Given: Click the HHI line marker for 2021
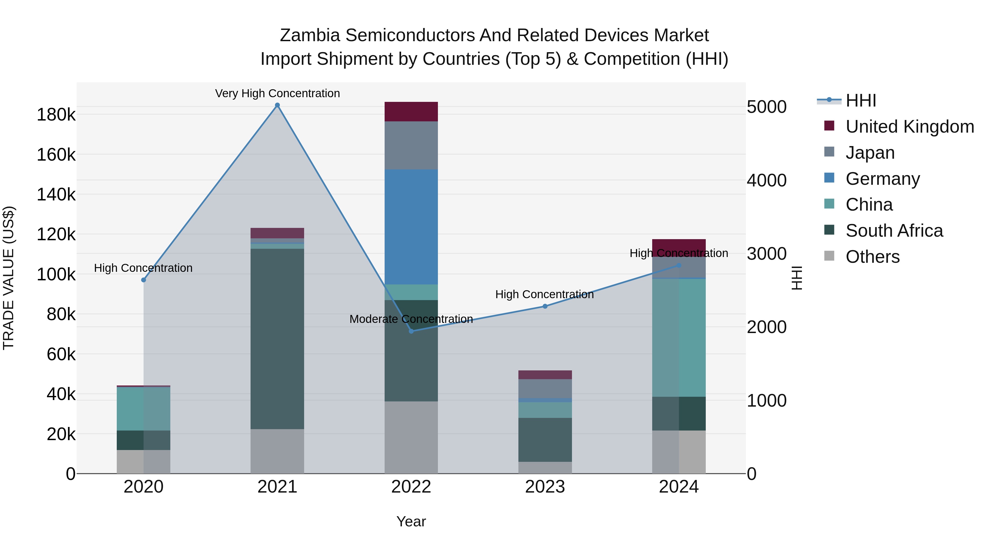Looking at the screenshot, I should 277,105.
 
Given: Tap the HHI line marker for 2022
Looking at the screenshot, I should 411,331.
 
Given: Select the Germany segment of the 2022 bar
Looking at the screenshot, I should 411,227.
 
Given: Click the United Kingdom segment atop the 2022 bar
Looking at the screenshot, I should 411,112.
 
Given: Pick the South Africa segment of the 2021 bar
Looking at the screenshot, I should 277,339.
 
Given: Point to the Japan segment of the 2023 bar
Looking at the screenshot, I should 545,389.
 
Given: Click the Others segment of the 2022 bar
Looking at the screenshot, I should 411,437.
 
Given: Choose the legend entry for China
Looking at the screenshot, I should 869,205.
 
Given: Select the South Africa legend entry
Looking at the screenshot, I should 894,231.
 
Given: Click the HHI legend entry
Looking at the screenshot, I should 860,100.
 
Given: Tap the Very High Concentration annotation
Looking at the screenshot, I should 277,93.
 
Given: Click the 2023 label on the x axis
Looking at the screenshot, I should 545,487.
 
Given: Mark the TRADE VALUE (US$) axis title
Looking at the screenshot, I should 9,278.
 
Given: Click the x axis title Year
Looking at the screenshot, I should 411,521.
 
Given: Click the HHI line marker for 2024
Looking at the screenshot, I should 679,266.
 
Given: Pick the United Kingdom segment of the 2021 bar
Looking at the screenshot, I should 277,233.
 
